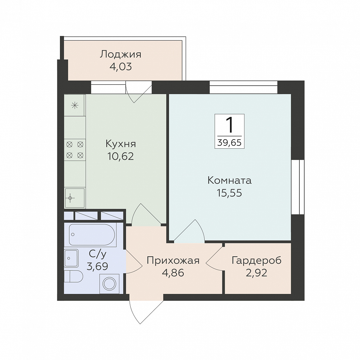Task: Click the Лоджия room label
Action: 120,54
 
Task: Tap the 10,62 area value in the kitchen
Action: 120,157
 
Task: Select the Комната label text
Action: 229,180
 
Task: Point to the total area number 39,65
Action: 229,143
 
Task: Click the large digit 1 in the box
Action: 229,125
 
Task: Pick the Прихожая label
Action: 173,261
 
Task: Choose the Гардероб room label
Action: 256,261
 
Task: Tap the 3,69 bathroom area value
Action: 97,266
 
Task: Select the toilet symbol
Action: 73,276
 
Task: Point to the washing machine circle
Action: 109,284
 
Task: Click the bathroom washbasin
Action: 71,258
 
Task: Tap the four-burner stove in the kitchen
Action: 75,150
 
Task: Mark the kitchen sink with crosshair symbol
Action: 75,198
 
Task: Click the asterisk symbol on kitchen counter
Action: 75,106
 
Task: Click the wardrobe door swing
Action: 214,258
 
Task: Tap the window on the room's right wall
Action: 298,187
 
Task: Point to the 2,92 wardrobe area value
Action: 256,273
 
